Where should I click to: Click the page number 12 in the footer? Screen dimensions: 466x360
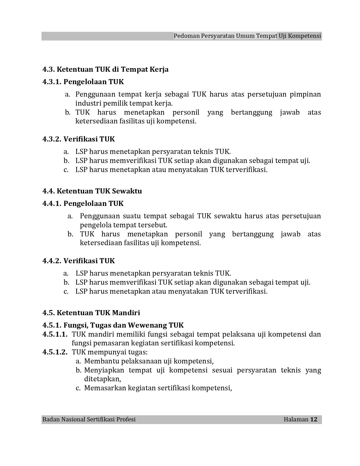click(314, 419)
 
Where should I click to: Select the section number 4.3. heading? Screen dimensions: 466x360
click(49, 69)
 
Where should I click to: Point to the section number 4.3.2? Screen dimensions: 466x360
click(52, 139)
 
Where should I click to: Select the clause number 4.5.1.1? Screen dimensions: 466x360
click(55, 334)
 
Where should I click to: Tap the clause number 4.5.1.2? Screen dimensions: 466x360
click(55, 352)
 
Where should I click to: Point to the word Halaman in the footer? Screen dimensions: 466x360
click(296, 419)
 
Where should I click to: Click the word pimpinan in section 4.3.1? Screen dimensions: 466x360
click(305, 94)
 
